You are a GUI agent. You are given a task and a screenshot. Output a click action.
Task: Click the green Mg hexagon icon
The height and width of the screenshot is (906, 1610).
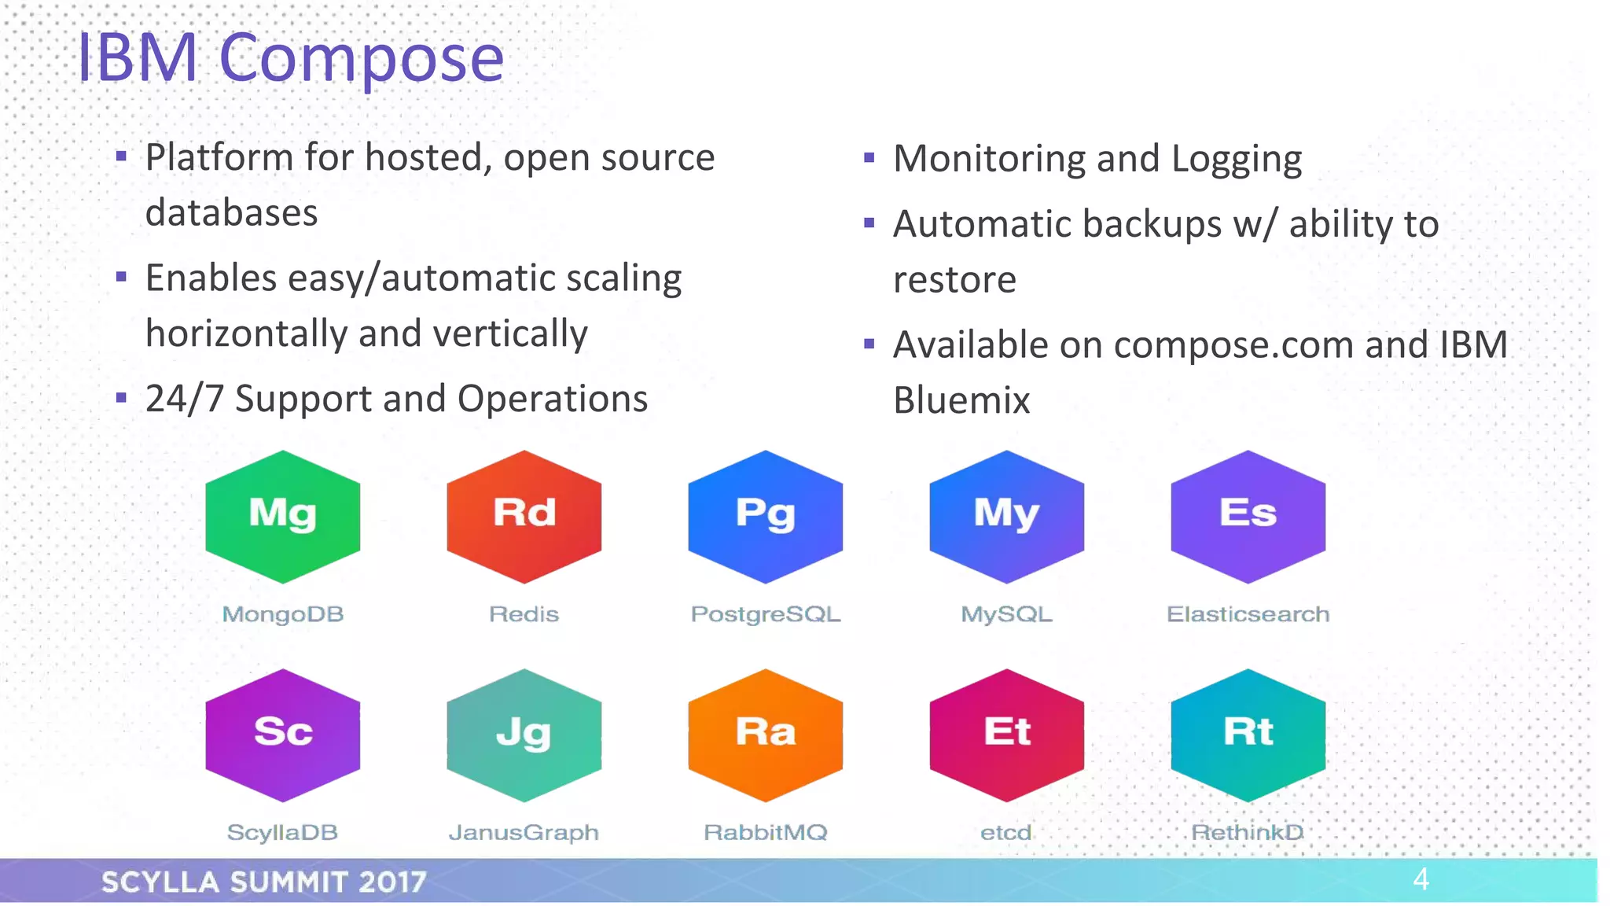283,517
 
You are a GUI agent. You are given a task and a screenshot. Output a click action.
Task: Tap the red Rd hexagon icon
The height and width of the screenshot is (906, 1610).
524,517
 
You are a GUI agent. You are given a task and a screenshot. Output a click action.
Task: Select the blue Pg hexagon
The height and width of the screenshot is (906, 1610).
766,517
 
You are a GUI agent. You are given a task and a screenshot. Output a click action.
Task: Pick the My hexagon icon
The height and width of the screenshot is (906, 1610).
1007,517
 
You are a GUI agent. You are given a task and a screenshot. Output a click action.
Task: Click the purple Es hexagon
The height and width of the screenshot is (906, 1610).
1248,517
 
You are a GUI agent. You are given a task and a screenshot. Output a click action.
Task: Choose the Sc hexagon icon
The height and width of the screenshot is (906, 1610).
283,735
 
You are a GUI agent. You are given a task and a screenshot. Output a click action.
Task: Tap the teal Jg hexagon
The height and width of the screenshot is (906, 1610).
524,735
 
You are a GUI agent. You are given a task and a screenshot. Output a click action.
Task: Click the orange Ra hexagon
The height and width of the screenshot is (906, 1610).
766,735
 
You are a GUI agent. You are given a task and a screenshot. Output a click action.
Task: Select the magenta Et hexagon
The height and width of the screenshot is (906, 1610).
1007,735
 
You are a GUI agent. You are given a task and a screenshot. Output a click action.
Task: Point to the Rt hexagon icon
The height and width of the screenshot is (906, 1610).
1248,735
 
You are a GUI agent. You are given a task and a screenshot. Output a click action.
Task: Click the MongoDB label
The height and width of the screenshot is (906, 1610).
283,614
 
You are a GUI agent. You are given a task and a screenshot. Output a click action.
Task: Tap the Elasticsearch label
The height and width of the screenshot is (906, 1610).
1248,614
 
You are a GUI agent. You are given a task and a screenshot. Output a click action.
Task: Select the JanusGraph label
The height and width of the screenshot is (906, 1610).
524,833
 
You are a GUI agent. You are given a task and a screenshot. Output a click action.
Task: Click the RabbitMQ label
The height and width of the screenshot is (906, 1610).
766,833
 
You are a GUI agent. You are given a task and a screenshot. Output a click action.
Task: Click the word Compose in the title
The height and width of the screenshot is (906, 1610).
361,59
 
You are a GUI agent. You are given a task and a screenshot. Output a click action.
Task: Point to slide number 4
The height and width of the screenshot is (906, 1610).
1421,879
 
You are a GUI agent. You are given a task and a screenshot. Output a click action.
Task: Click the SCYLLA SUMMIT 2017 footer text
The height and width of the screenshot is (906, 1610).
264,882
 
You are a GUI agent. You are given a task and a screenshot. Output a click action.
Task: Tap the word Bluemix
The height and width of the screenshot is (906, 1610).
961,400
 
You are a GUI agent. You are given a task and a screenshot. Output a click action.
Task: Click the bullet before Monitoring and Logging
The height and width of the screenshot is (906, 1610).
869,158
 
